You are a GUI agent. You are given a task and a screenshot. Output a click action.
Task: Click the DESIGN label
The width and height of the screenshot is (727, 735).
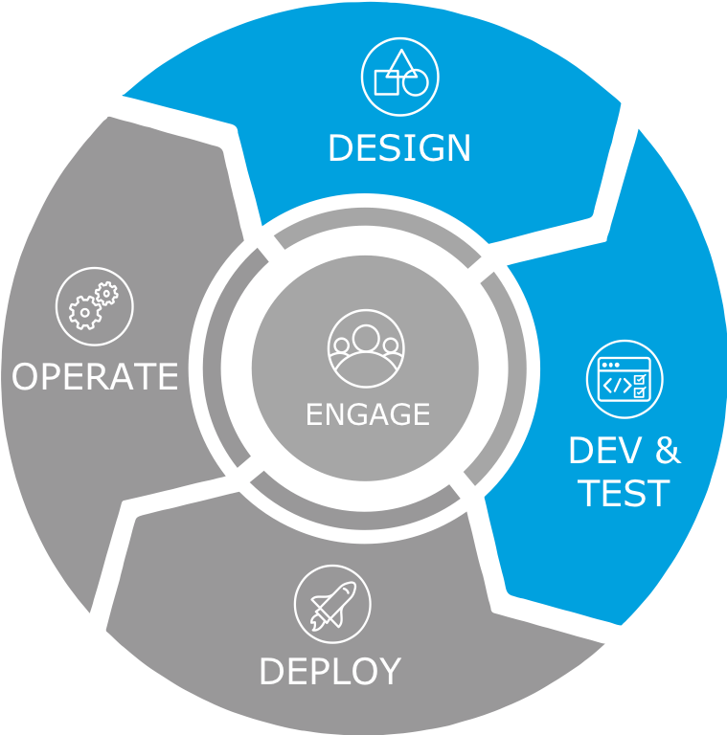coord(399,148)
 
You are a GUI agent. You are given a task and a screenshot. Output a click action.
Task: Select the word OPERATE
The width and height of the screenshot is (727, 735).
coord(95,376)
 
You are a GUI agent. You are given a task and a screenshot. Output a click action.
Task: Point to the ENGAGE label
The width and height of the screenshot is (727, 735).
coord(368,414)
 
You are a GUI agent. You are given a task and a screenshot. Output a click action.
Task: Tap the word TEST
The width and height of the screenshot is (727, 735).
coord(624,493)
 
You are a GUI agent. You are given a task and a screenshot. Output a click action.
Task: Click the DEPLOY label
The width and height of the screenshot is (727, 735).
coord(329,671)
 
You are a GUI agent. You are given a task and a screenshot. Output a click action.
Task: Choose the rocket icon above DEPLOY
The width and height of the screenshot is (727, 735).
coord(331,604)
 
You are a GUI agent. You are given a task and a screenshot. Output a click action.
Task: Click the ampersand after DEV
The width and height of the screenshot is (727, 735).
coord(668,450)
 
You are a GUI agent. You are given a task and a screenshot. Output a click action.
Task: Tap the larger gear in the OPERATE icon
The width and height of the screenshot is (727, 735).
coord(85,312)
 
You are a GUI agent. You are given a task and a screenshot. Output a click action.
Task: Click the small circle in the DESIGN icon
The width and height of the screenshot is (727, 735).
coord(415,84)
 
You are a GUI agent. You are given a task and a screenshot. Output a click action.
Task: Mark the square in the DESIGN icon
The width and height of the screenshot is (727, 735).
coord(386,83)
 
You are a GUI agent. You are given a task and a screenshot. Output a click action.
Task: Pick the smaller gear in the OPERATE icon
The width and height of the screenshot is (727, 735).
coord(106,293)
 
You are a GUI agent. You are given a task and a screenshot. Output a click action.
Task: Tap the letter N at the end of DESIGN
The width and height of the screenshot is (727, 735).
coord(458,148)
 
